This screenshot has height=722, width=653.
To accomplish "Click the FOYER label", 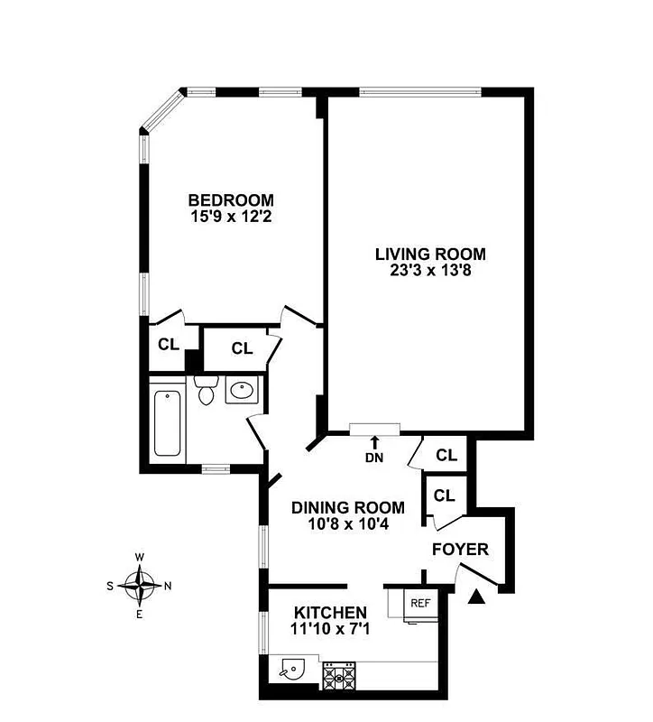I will click(x=460, y=549).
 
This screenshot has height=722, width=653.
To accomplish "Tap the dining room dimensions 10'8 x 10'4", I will click(x=347, y=523).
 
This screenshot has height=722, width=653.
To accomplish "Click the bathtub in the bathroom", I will click(x=168, y=422).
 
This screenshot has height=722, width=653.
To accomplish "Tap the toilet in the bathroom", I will click(x=206, y=391).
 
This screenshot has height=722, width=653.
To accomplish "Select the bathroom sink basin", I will click(x=241, y=391).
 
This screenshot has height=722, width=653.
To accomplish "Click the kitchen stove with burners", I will click(x=341, y=674).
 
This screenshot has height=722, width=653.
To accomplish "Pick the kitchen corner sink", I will click(x=290, y=671).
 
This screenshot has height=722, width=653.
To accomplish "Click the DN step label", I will click(x=374, y=457).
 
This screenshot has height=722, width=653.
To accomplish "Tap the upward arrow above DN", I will click(x=374, y=441).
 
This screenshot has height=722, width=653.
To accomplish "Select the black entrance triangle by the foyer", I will click(x=479, y=595).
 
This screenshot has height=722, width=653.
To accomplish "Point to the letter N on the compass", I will click(x=169, y=586).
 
